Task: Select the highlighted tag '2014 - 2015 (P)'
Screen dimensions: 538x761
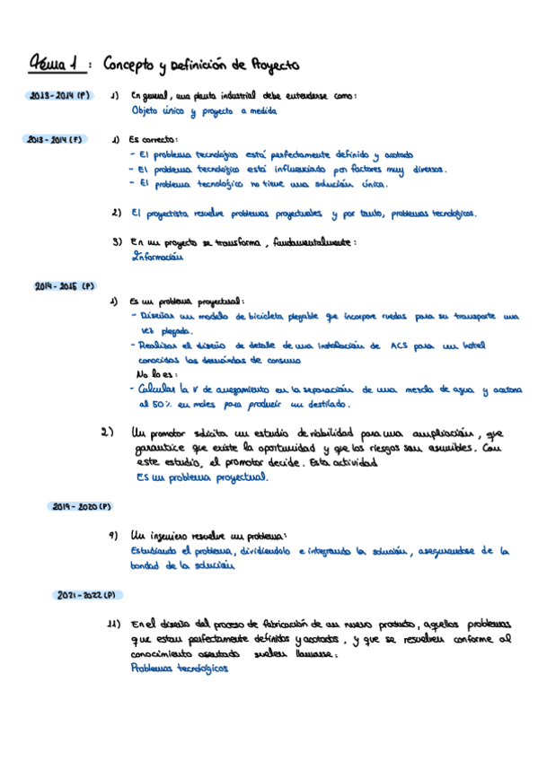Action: click(x=65, y=286)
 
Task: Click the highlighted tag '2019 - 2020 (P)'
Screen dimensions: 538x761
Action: click(x=79, y=507)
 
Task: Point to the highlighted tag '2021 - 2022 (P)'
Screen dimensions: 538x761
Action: click(x=87, y=595)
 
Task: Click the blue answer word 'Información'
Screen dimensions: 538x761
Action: click(x=156, y=256)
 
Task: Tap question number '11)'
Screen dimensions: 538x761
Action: click(x=114, y=624)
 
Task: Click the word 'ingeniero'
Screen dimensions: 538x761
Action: click(x=174, y=535)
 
